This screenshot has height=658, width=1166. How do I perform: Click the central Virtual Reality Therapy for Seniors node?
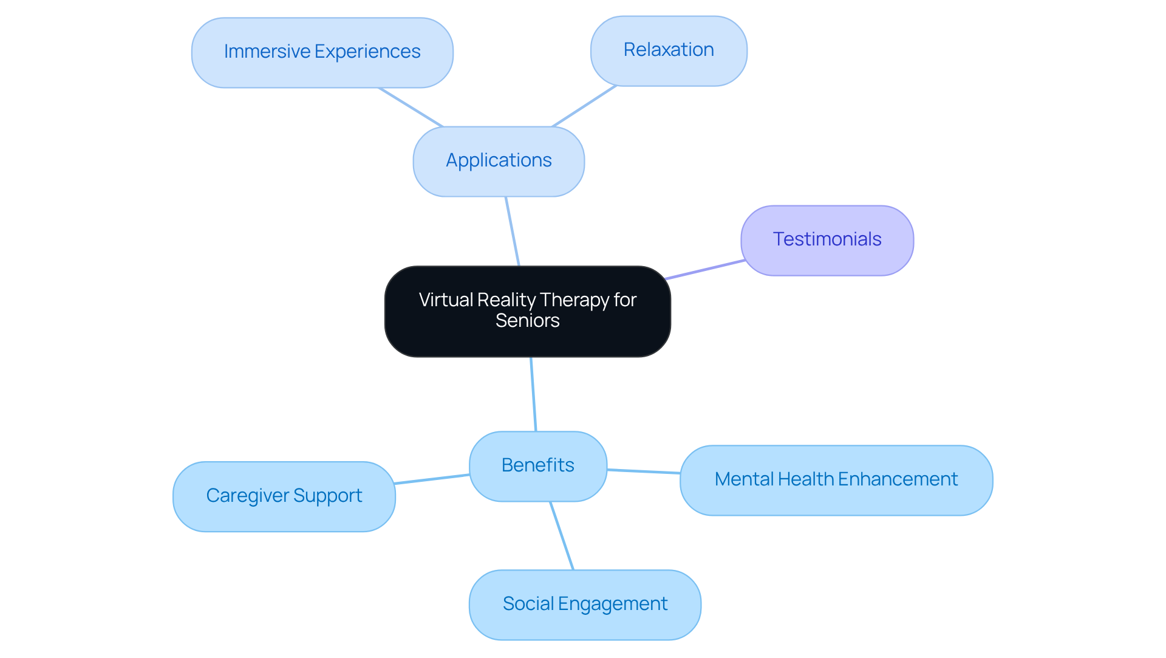click(x=527, y=310)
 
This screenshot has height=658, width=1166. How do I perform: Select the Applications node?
click(x=499, y=161)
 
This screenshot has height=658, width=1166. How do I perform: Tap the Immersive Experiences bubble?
click(x=322, y=52)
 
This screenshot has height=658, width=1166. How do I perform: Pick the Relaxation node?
click(x=669, y=50)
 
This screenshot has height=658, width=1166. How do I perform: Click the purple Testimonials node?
click(x=827, y=240)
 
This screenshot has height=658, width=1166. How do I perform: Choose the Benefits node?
click(x=537, y=466)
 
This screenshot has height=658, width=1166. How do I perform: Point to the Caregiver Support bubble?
click(x=284, y=496)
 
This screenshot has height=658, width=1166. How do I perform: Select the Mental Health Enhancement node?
click(x=836, y=480)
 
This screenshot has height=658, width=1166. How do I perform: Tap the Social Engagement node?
click(x=585, y=605)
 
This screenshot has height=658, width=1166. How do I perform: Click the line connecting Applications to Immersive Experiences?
click(x=411, y=108)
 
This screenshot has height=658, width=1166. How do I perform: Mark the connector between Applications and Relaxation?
click(x=584, y=106)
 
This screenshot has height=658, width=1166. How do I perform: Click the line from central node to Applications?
click(x=513, y=231)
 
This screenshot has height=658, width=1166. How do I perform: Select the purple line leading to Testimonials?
click(x=705, y=270)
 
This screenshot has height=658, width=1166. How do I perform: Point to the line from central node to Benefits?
click(x=533, y=394)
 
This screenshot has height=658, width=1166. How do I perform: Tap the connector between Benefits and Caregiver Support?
click(x=432, y=479)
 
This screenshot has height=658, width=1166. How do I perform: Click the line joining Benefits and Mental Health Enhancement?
click(x=644, y=471)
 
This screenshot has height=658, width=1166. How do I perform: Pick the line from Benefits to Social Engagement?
click(x=562, y=536)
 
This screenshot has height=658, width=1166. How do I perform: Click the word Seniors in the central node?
click(x=527, y=321)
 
